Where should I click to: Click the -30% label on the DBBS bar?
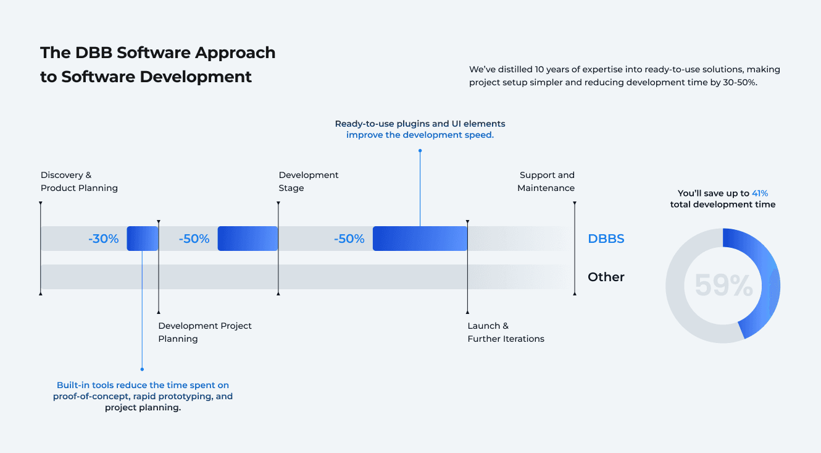tap(103, 239)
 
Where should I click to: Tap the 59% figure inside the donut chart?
tap(723, 286)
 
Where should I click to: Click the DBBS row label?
tap(606, 239)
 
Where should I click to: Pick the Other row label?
tap(606, 277)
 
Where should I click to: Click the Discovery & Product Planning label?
tap(79, 182)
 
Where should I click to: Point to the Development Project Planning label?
tap(205, 332)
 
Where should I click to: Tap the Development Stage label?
tap(308, 182)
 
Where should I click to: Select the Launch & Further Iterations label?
tap(506, 332)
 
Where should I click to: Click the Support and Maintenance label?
tap(546, 182)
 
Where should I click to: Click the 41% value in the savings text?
tap(760, 193)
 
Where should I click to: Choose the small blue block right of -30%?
tap(143, 239)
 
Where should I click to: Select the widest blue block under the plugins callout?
tap(420, 239)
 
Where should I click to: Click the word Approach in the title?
tap(235, 53)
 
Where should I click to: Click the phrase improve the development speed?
tap(420, 135)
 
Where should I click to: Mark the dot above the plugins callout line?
tap(420, 150)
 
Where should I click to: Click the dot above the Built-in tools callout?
tap(142, 369)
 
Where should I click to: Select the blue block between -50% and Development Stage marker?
tap(248, 239)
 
